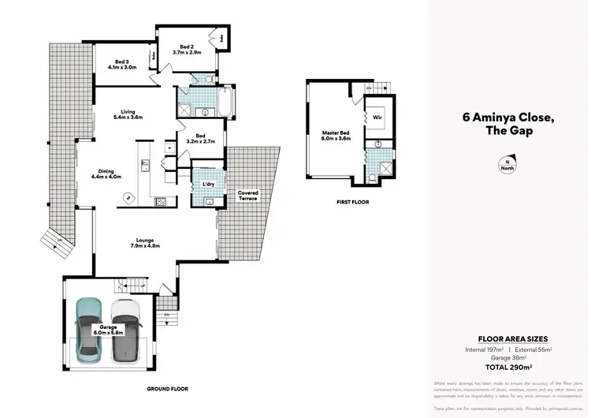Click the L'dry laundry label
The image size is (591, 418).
click(210, 184)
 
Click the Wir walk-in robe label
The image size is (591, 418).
click(377, 117)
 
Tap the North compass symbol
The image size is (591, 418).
click(504, 165)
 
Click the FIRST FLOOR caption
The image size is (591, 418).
click(352, 202)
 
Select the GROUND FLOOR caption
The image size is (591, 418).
click(168, 389)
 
